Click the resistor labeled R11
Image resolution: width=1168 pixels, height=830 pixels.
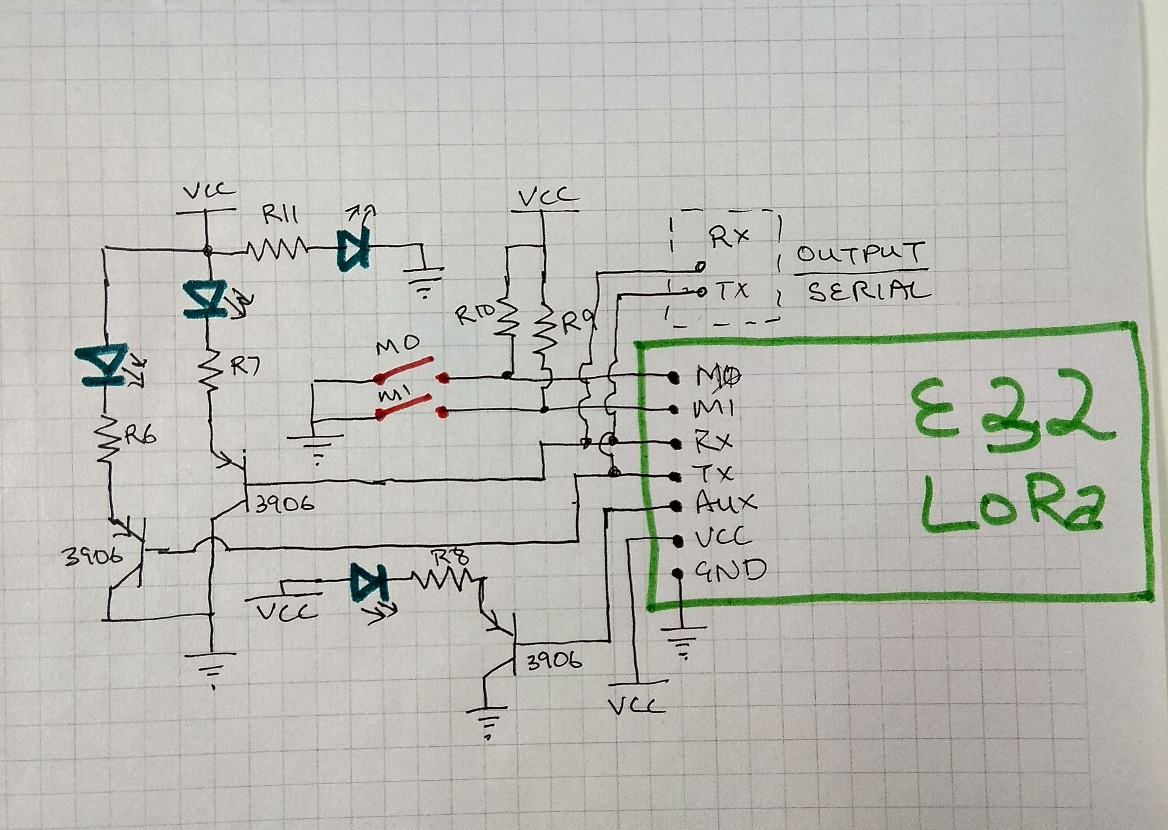tap(276, 250)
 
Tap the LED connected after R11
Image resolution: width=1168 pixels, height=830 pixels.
tap(352, 250)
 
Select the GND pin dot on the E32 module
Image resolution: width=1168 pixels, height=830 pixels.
tap(677, 573)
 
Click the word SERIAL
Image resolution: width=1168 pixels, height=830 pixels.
tap(869, 293)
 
